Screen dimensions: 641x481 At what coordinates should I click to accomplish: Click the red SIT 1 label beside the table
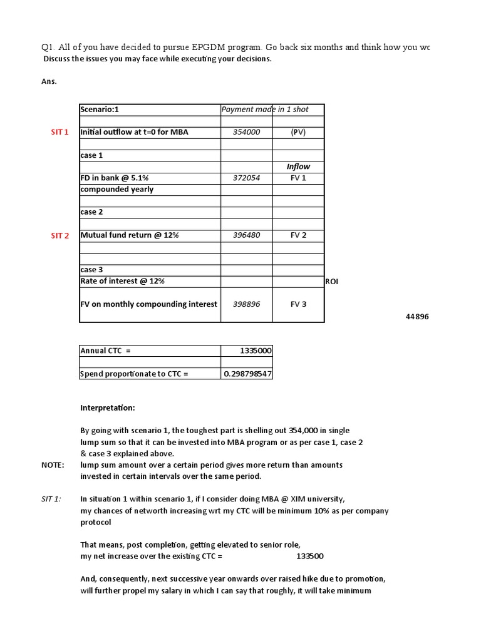point(60,132)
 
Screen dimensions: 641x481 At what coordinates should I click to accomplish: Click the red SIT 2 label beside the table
point(60,236)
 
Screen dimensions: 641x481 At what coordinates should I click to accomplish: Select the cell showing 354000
point(246,132)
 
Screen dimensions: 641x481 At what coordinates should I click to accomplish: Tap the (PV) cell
point(298,132)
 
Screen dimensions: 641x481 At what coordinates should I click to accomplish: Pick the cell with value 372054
point(246,178)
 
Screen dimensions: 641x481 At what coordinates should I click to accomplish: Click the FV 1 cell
point(298,178)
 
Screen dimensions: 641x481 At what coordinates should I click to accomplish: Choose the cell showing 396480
point(246,235)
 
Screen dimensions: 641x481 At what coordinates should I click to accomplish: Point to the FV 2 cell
point(298,235)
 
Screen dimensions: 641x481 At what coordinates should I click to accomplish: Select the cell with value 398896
point(246,304)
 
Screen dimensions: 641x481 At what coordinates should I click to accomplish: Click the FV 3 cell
point(298,304)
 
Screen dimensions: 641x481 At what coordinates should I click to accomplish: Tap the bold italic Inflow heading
point(298,167)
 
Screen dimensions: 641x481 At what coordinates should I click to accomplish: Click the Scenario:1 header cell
point(100,110)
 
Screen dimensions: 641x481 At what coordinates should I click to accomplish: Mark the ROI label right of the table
point(331,282)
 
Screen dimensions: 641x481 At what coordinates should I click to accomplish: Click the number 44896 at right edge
point(417,317)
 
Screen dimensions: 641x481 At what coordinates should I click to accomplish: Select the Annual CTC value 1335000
point(256,351)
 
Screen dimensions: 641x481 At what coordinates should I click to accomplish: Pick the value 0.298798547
point(248,374)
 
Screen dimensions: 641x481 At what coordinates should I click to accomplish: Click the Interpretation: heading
point(107,408)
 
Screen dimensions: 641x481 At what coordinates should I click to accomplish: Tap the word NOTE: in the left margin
point(53,465)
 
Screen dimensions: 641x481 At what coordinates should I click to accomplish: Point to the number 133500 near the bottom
point(309,556)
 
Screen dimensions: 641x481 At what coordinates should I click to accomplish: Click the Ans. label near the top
point(49,81)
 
